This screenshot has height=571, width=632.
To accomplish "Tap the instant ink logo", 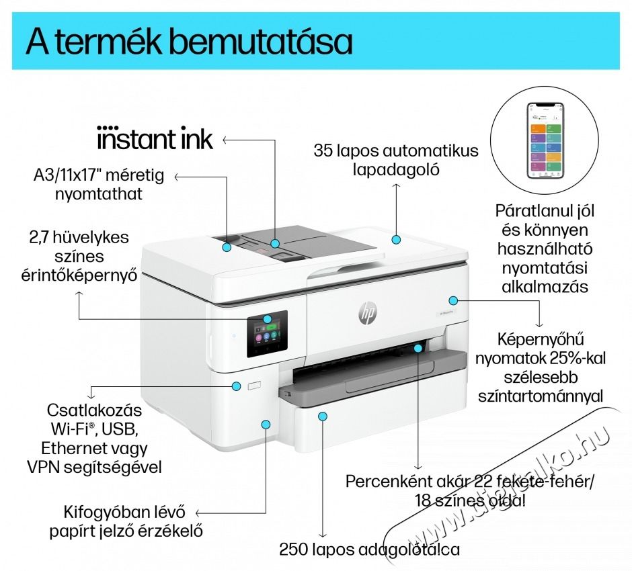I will pyautogui.click(x=155, y=139).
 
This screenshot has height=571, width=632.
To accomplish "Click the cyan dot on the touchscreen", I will pyautogui.click(x=268, y=320).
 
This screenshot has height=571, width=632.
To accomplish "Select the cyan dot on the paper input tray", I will pyautogui.click(x=323, y=416).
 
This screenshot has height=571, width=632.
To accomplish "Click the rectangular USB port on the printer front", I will pyautogui.click(x=253, y=386).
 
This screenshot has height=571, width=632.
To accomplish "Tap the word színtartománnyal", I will pyautogui.click(x=540, y=396).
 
